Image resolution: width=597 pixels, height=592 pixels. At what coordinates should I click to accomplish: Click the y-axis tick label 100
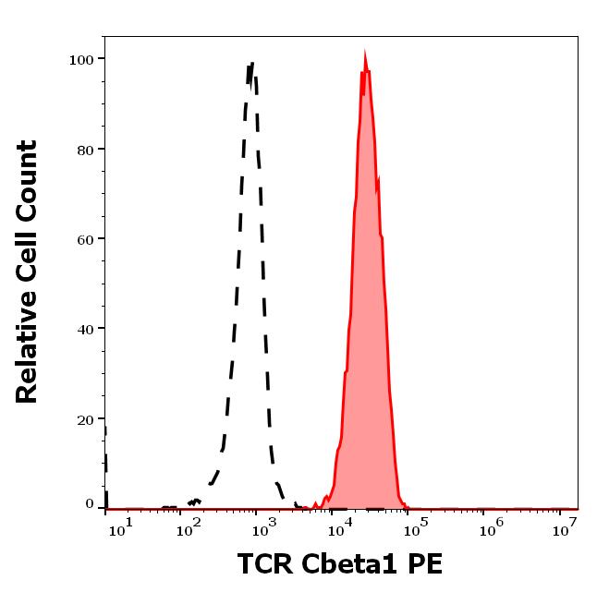point(81,59)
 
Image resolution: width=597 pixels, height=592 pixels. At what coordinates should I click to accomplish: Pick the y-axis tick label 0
point(90,504)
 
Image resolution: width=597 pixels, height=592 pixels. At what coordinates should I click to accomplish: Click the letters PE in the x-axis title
point(414,563)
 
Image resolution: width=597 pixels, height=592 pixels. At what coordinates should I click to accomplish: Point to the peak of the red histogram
point(366,54)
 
